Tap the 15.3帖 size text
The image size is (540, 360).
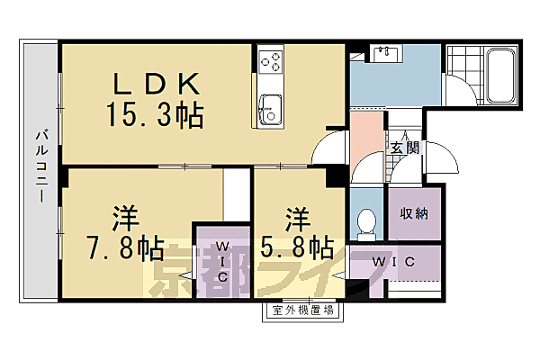click(x=154, y=116)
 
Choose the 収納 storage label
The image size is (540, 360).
click(x=414, y=213)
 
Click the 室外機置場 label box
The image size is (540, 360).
click(x=303, y=311)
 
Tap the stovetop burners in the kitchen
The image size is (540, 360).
click(x=271, y=62)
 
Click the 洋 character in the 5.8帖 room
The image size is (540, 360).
click(x=298, y=218)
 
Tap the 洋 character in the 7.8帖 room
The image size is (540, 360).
click(x=125, y=218)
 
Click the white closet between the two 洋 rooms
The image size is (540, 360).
click(x=235, y=193)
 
